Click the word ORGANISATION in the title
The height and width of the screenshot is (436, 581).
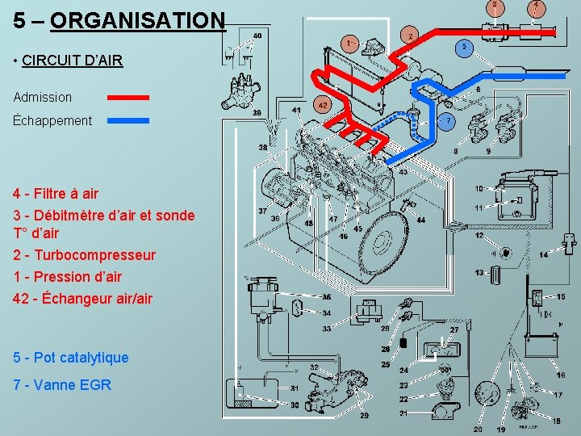click(137, 19)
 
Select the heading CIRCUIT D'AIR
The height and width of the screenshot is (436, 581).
click(73, 60)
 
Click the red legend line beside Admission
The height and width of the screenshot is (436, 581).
click(128, 97)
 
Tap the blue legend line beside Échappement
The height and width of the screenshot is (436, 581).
click(128, 120)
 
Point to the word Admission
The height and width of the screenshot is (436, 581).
click(43, 97)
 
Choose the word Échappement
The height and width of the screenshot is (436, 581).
click(52, 120)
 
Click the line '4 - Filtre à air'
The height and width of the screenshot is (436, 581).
click(56, 193)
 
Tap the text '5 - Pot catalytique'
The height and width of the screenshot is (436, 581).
click(71, 357)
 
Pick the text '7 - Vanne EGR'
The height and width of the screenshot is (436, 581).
click(62, 384)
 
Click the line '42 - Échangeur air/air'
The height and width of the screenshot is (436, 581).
click(82, 298)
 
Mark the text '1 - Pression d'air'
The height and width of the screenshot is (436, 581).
click(68, 276)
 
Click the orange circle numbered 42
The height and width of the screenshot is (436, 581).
click(323, 105)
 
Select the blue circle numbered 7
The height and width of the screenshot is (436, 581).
click(448, 121)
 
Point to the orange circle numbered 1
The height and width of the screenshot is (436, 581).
click(349, 42)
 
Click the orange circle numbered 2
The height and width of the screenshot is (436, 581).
click(410, 36)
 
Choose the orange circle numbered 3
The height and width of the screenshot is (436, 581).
click(495, 6)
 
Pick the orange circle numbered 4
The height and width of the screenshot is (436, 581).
click(536, 6)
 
